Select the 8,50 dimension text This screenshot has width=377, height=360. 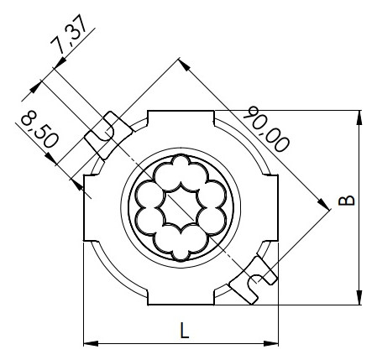pos(39,129)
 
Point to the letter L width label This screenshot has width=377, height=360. pos(184,331)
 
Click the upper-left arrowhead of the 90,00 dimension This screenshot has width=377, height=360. pos(182,62)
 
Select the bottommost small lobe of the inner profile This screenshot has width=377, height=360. pos(182,249)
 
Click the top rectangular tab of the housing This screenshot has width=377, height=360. pos(182,123)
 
